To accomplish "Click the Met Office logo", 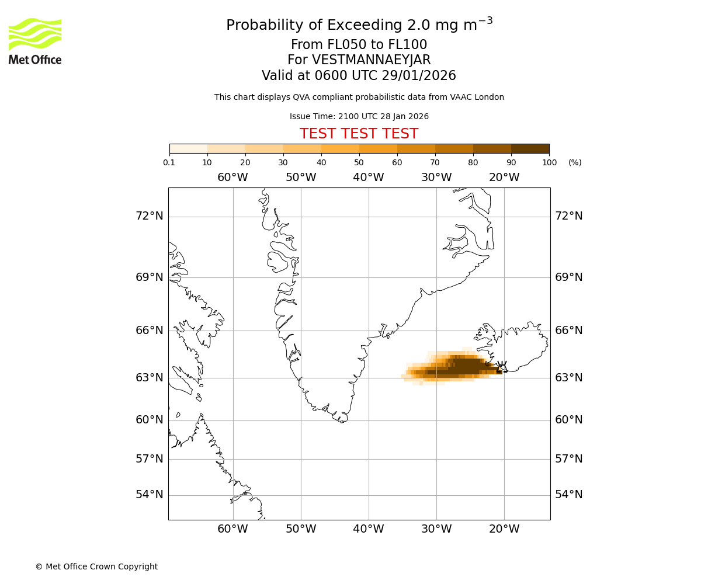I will [x=35, y=41].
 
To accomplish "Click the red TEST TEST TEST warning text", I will [x=359, y=134].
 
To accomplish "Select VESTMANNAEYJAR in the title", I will [x=372, y=60].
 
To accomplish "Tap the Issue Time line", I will [x=359, y=116].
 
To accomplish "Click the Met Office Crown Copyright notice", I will [x=96, y=566].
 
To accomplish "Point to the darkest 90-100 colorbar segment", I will [x=530, y=148].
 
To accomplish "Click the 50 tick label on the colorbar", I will [x=359, y=162].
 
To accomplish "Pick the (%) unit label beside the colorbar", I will [x=575, y=162].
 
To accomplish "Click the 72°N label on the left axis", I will [x=150, y=216].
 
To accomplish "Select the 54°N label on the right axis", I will [x=568, y=495].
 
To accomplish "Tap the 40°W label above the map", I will [x=369, y=178].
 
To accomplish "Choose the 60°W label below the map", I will [x=233, y=529].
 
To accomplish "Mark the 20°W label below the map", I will [x=504, y=529].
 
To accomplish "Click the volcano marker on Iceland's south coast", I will [x=502, y=367].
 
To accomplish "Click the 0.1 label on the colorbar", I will [x=169, y=162].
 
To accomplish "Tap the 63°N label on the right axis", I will [x=568, y=378].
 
